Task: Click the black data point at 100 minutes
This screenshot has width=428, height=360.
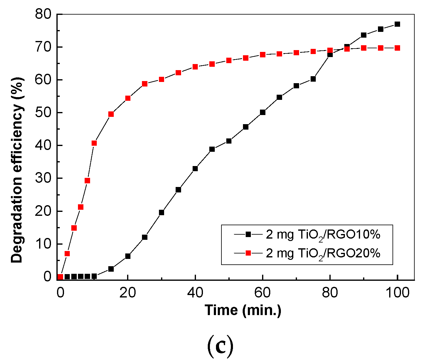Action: (397, 24)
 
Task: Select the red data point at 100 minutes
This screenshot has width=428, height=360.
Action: (397, 48)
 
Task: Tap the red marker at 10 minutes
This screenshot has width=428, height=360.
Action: (94, 143)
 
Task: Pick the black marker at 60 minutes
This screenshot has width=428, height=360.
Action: (263, 112)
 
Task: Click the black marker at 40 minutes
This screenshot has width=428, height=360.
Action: (195, 168)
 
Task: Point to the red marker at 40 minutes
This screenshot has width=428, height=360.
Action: (195, 67)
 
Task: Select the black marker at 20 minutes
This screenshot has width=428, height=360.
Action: (128, 256)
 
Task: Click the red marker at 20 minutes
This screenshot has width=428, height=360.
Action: (128, 98)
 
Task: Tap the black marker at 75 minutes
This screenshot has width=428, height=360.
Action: (313, 79)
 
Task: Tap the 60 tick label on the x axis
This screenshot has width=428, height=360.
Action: (263, 293)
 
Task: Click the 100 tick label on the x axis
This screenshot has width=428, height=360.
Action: (397, 293)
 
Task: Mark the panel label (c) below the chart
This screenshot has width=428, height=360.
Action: (220, 346)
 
